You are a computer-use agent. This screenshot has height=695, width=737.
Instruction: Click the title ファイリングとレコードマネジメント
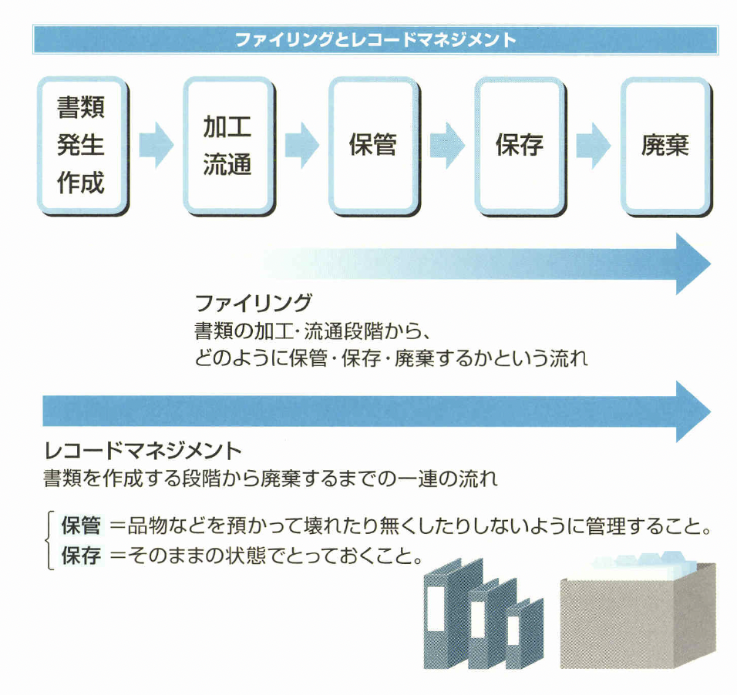(375, 40)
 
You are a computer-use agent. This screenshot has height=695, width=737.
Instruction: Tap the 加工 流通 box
(227, 145)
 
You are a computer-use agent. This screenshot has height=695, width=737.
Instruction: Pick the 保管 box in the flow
(373, 145)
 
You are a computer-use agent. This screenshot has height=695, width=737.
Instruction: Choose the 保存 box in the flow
(520, 145)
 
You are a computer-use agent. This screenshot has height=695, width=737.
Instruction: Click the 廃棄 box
(665, 145)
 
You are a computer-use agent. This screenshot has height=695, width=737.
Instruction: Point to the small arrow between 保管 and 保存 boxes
(447, 145)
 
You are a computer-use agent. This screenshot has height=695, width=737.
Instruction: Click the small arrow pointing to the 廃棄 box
(593, 145)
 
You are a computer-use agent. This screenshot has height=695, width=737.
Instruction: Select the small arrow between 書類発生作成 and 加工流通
(156, 145)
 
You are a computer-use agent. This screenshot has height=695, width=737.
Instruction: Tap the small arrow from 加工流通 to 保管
(301, 145)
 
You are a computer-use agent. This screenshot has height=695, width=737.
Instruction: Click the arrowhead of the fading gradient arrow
(692, 264)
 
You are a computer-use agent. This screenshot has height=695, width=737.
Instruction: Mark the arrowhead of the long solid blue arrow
(692, 411)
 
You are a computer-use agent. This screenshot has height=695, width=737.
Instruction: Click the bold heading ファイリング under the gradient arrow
(254, 302)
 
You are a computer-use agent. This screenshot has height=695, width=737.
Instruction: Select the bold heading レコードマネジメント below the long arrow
(143, 449)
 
